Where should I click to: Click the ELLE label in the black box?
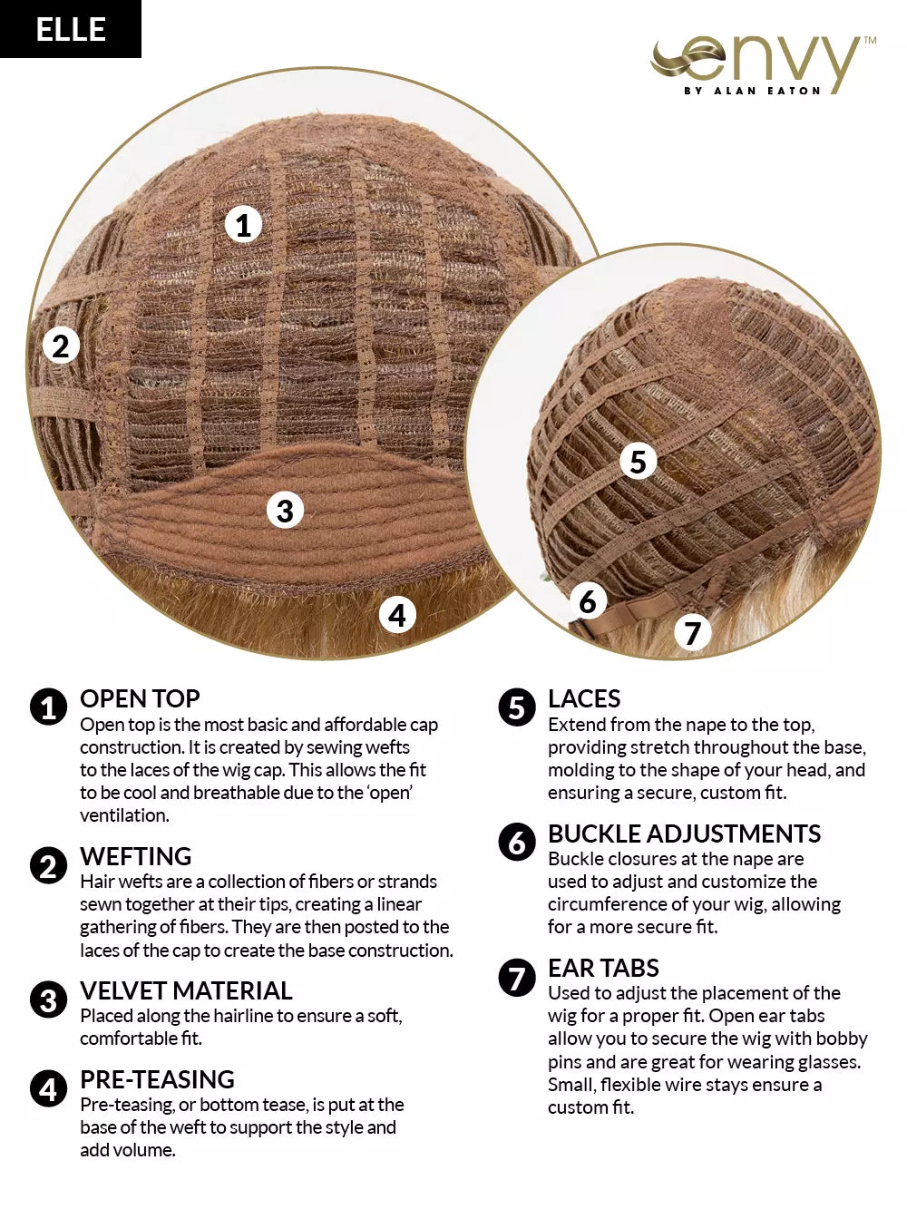[71, 29]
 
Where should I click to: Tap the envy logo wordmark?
[763, 65]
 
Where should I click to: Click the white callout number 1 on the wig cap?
[243, 225]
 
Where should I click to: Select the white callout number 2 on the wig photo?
[61, 346]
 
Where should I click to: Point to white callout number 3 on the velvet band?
[285, 510]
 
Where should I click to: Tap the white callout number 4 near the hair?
[397, 615]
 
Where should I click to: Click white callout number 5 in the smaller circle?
[638, 461]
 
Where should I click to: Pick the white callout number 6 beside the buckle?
[588, 600]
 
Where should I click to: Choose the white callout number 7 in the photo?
[693, 632]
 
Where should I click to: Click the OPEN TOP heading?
[140, 699]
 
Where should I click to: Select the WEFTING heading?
[135, 856]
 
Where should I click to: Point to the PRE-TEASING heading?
[158, 1079]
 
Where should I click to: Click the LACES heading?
[584, 699]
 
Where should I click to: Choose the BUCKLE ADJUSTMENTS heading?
[685, 834]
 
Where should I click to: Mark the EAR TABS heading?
[603, 968]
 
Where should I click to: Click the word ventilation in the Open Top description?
[124, 815]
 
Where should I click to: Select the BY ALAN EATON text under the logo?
[752, 91]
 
